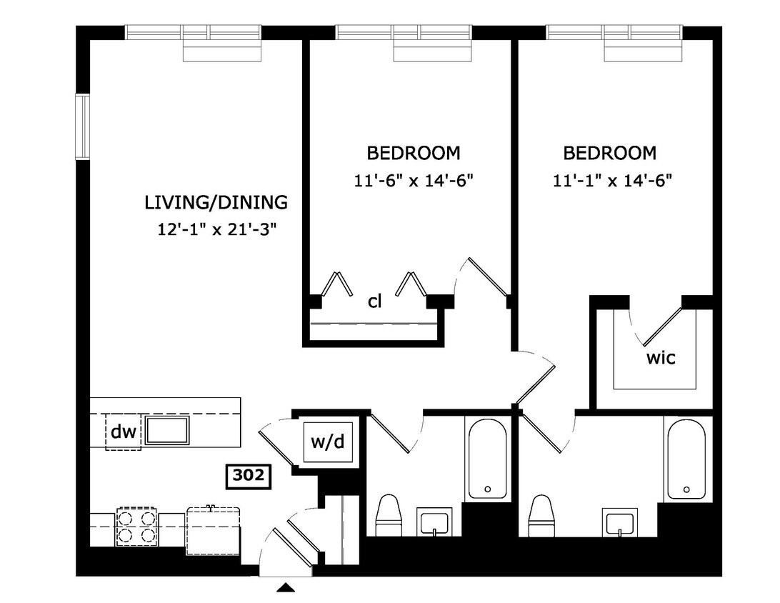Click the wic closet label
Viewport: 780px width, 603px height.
661,358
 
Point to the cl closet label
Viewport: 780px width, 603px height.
374,301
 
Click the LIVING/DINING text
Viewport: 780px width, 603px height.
216,202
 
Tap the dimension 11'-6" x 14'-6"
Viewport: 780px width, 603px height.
414,181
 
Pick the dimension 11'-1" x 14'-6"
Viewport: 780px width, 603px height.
613,181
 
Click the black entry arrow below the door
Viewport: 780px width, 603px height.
286,588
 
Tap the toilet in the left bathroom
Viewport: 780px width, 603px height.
390,514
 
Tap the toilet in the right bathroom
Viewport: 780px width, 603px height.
541,514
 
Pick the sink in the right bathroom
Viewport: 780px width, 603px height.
620,522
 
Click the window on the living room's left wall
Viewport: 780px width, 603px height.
82,126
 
